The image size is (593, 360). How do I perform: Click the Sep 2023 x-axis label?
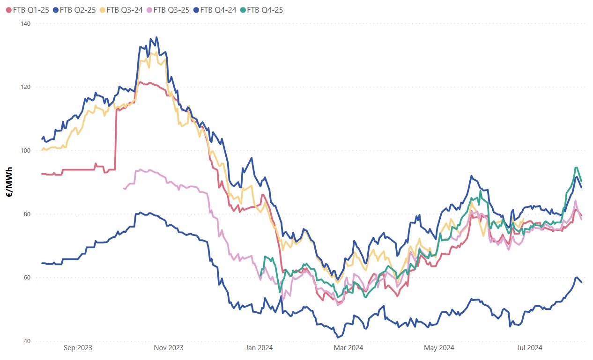pos(78,348)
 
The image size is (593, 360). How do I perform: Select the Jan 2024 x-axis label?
pos(259,348)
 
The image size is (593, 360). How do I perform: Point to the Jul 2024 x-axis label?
pos(529,348)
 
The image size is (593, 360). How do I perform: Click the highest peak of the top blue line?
pos(156,37)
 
